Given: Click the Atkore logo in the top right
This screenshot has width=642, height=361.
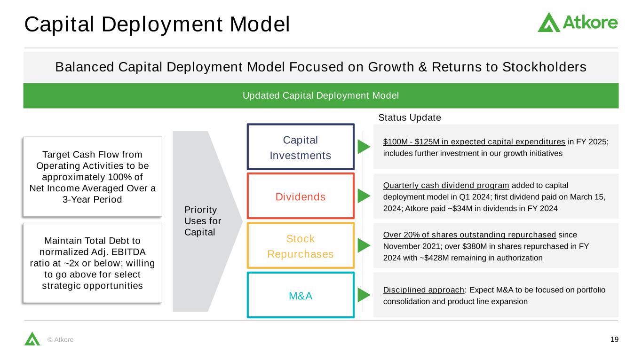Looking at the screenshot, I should [x=578, y=22].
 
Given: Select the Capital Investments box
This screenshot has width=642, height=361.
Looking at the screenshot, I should [x=301, y=147].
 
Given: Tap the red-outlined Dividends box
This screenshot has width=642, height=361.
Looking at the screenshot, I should [x=301, y=196].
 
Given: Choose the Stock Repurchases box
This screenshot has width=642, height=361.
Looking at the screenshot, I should [x=301, y=246].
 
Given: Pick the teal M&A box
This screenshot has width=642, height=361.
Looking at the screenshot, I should [x=301, y=295].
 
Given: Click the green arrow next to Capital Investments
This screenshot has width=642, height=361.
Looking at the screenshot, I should [x=364, y=147].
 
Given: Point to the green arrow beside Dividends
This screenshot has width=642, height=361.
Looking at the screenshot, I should [x=364, y=196].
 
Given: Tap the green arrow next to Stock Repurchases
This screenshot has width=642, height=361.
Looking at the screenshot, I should [x=364, y=245].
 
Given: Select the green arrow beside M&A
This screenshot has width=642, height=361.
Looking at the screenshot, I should [x=364, y=295].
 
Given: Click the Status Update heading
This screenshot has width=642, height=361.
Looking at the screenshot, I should [x=410, y=118].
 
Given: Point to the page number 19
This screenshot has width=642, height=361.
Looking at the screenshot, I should [x=614, y=339].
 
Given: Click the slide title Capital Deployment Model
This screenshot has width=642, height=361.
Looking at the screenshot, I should [x=157, y=24].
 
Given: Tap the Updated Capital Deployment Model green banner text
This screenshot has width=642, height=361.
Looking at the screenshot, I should [x=321, y=95].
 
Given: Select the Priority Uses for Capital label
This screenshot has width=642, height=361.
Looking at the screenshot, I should [x=203, y=221].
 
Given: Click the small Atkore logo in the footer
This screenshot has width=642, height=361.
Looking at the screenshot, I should [x=32, y=338].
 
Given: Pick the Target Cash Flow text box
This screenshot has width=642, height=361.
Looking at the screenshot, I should [x=93, y=177].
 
